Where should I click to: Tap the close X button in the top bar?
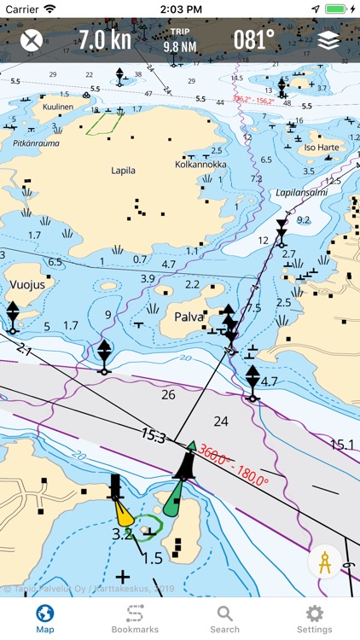point(32,40)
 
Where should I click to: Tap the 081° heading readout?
point(254,40)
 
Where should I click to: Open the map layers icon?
point(328,40)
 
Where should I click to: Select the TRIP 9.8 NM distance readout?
point(179,40)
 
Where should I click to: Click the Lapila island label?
point(123,171)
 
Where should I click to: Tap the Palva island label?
point(189,317)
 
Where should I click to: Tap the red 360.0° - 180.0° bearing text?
point(234,470)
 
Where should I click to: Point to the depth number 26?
point(168,394)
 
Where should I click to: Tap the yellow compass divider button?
point(324,564)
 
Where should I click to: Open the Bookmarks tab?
point(135,618)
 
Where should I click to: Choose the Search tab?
point(224,618)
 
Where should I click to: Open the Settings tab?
point(314,618)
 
